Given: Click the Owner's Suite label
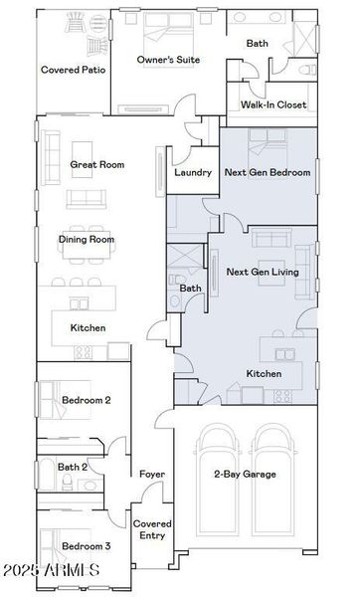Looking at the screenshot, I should (x=168, y=60).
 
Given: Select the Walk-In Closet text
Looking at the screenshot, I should (x=273, y=104).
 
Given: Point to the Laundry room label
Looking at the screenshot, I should (x=192, y=172).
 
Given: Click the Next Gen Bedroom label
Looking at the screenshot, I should (x=268, y=172).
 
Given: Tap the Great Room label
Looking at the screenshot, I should (x=96, y=164).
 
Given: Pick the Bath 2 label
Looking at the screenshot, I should (x=73, y=467).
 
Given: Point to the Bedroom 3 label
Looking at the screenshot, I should (x=86, y=546).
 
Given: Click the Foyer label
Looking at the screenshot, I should (x=151, y=474).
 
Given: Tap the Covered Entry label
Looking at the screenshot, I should (x=152, y=529).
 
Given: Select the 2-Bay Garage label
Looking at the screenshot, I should (x=246, y=474).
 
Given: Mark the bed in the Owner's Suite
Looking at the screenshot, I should (x=168, y=30).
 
